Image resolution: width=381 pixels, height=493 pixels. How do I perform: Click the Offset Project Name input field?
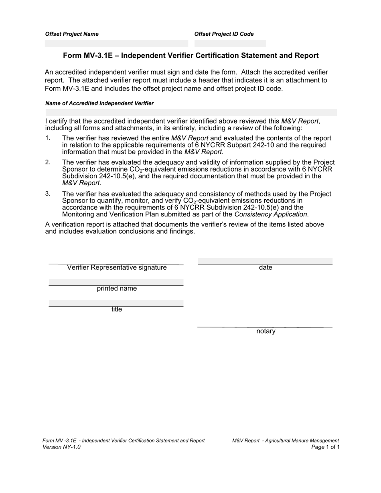(x=116, y=43)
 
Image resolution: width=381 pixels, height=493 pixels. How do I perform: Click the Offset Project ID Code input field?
(x=230, y=43)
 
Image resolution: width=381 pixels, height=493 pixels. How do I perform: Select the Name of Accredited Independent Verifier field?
(x=191, y=112)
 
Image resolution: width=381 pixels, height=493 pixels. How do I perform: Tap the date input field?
(x=265, y=261)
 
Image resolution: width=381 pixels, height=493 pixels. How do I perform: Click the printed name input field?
(x=116, y=282)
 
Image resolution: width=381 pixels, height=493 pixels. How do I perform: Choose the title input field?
(x=116, y=303)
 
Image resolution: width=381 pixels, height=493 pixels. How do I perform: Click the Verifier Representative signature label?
(x=117, y=268)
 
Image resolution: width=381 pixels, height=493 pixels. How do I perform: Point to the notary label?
(x=266, y=331)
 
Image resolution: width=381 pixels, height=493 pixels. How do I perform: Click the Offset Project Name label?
(x=72, y=34)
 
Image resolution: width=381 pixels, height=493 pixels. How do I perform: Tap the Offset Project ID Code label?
(x=224, y=34)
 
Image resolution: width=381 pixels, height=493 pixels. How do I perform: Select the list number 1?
(x=48, y=138)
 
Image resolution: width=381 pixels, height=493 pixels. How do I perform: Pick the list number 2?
(x=48, y=162)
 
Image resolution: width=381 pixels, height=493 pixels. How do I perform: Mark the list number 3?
(x=48, y=194)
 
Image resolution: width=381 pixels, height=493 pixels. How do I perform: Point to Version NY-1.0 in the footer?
(x=61, y=447)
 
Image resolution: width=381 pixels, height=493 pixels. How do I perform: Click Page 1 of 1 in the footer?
(x=325, y=447)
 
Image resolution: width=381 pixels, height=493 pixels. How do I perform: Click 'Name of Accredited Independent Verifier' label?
(x=99, y=103)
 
